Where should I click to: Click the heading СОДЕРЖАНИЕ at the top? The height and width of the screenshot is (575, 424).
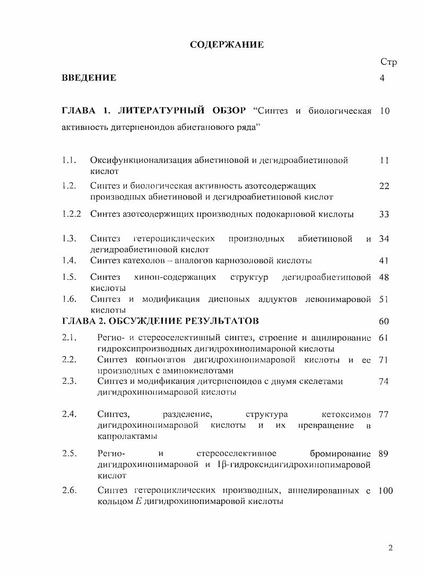[x=227, y=45]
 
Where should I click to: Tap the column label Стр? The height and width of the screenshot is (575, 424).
[x=388, y=62]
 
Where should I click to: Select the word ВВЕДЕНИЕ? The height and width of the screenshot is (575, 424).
[x=89, y=78]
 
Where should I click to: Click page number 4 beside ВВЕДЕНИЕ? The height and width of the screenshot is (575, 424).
[x=382, y=78]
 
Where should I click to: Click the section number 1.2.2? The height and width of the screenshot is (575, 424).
[x=72, y=214]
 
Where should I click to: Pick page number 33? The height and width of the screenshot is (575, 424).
[x=384, y=214]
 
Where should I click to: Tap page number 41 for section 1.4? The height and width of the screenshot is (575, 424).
[x=384, y=260]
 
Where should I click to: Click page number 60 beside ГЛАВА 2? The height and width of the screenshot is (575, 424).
[x=384, y=321]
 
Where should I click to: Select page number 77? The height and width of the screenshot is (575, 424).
[x=384, y=414]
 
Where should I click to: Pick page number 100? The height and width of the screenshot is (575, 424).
[x=386, y=491]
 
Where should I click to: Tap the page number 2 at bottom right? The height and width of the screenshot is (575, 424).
[x=390, y=548]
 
